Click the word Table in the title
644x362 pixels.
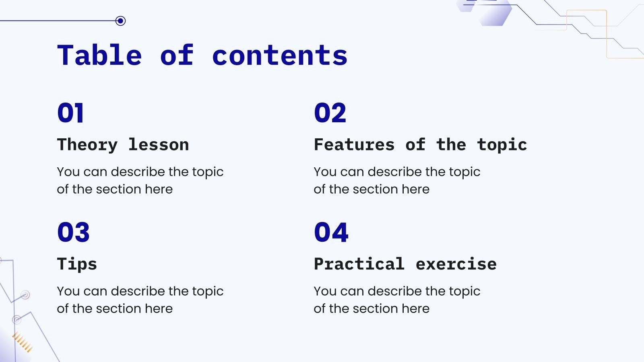pyautogui.click(x=99, y=56)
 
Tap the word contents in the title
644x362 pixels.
pyautogui.click(x=279, y=56)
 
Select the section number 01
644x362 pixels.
pyautogui.click(x=70, y=113)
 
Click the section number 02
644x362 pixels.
pyautogui.click(x=330, y=113)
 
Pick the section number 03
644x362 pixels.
pyautogui.click(x=73, y=232)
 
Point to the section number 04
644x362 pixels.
pyautogui.click(x=331, y=232)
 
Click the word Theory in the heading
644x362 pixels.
pyautogui.click(x=87, y=145)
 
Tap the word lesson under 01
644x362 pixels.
pyautogui.click(x=159, y=145)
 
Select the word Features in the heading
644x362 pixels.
pyautogui.click(x=354, y=145)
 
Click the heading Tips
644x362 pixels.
pyautogui.click(x=77, y=264)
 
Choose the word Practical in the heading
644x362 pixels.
pyautogui.click(x=359, y=264)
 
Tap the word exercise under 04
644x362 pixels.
pyautogui.click(x=456, y=264)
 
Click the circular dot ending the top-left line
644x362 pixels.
pyautogui.click(x=120, y=21)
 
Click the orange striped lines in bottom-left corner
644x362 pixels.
pyautogui.click(x=23, y=342)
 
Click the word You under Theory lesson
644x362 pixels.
pyautogui.click(x=68, y=172)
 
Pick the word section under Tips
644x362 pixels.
pyautogui.click(x=119, y=309)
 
